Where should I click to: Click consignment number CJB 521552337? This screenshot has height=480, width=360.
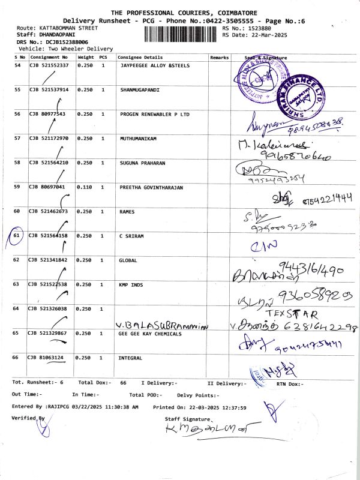click(x=49, y=65)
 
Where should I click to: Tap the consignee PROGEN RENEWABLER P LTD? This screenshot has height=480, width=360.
click(x=154, y=114)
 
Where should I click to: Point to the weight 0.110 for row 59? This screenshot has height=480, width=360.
click(x=85, y=187)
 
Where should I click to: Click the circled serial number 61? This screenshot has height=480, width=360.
click(x=17, y=236)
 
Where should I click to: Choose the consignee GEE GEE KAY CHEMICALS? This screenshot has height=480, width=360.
click(x=149, y=333)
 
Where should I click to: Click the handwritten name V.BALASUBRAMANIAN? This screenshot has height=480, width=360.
click(x=163, y=325)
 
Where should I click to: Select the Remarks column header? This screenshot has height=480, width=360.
click(x=220, y=57)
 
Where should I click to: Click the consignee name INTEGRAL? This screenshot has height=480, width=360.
click(x=131, y=358)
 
